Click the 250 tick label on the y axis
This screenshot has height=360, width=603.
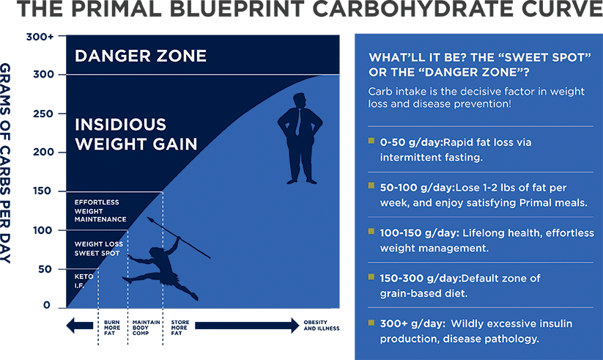click(x=42, y=114)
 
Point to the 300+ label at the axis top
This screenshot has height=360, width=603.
click(x=40, y=37)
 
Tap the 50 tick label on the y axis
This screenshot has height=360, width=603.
click(x=45, y=270)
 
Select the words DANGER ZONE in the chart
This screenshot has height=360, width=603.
click(x=141, y=56)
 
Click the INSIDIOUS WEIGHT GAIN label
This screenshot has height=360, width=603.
click(x=136, y=134)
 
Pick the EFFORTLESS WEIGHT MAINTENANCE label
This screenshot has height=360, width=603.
click(x=100, y=211)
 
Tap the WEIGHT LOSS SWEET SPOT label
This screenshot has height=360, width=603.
click(x=98, y=249)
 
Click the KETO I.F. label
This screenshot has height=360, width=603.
click(x=84, y=281)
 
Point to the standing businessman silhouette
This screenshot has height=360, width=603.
click(x=300, y=139)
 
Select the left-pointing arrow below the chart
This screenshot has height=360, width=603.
click(x=80, y=326)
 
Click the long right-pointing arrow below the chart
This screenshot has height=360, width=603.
click(x=247, y=326)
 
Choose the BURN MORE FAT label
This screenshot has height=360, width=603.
click(x=112, y=328)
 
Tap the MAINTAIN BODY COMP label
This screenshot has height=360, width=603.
click(x=146, y=328)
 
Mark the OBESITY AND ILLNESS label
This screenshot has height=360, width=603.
click(x=322, y=326)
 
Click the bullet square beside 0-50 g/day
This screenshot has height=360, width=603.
click(x=371, y=141)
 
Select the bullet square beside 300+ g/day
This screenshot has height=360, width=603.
click(x=371, y=323)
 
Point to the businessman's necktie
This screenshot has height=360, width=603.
click(x=297, y=121)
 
